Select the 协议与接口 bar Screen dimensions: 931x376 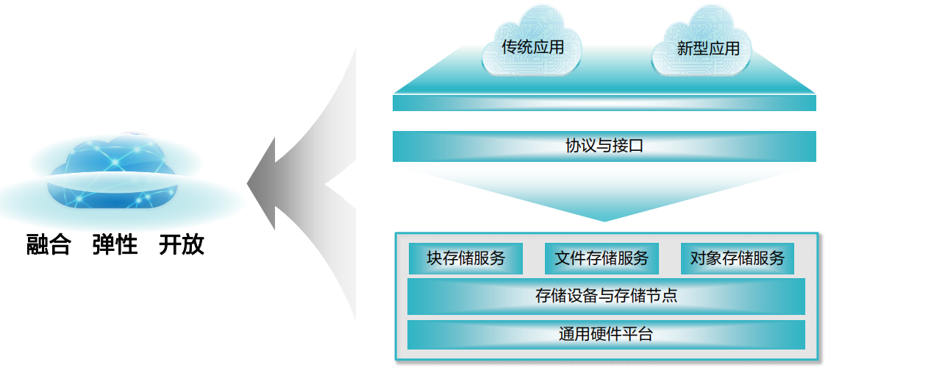tap(604, 146)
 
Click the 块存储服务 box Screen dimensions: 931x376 tap(465, 258)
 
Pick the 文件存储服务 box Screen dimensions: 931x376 tap(602, 258)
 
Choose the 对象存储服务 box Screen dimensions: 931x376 tap(737, 258)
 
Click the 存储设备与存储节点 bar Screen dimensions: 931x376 tap(606, 296)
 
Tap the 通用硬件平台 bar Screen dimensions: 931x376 tap(606, 335)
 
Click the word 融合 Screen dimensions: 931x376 tap(49, 245)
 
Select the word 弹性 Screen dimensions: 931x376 tap(115, 245)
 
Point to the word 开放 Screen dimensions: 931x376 tap(181, 245)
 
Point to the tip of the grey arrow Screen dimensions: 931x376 tap(250, 184)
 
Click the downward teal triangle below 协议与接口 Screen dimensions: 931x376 tap(604, 195)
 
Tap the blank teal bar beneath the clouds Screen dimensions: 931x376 tap(604, 103)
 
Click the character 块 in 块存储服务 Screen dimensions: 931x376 tap(435, 258)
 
